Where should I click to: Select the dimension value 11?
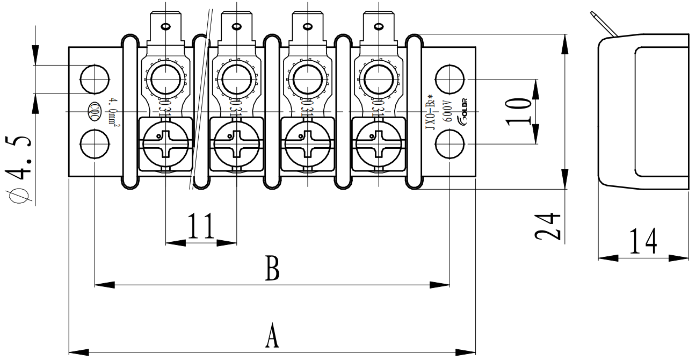coord(201,227)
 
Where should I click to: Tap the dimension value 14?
coord(643,241)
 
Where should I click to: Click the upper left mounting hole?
coord(95,78)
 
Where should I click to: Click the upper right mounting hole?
coord(450,78)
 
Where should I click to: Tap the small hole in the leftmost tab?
coord(165,25)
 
